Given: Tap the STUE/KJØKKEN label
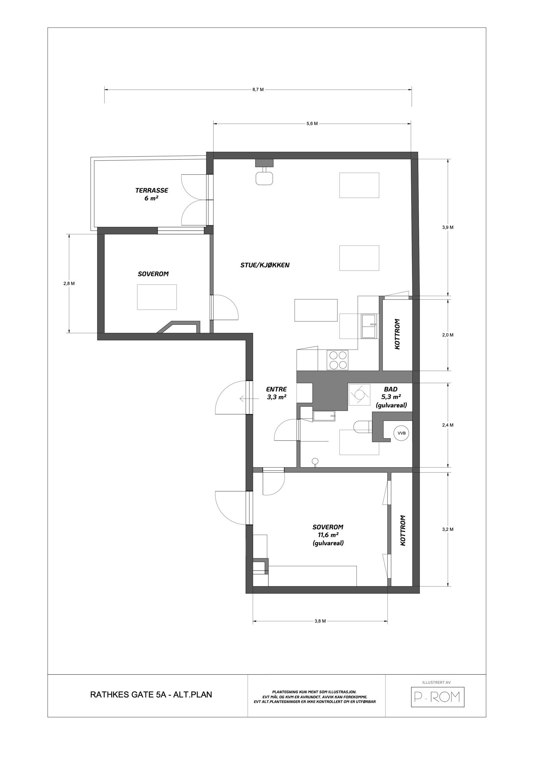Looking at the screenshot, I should coord(265,265).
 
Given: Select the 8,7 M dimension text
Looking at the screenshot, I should coord(258,90).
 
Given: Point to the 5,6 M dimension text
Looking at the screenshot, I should coord(312,124).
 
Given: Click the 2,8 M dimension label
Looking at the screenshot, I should coord(69,283).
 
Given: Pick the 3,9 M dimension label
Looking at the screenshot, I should coord(448,227).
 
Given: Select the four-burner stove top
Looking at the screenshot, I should coord(338,360).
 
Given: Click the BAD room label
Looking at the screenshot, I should coord(391,389).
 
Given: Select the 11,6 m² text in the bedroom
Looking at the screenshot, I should coord(328,535).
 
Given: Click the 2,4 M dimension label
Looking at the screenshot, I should coord(448,425).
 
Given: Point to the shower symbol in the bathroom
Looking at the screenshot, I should coord(359,394).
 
